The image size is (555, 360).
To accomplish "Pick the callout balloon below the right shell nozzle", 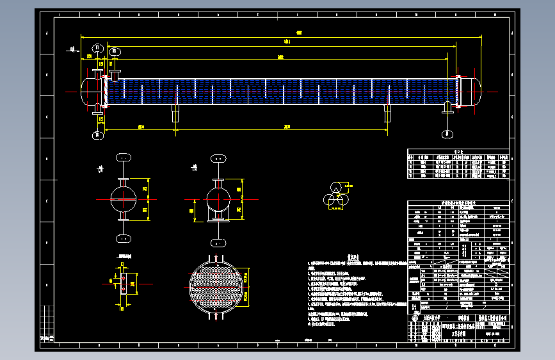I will point(446,133).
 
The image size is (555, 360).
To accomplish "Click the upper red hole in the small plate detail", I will point(123,279).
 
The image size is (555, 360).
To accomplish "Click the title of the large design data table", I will point(458,203).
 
